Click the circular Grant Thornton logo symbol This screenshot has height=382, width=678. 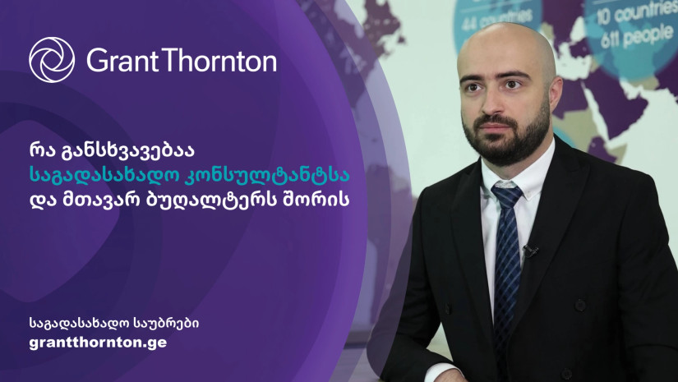[52, 60]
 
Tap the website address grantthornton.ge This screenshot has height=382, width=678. [98, 343]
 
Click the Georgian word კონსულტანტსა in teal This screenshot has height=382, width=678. [268, 176]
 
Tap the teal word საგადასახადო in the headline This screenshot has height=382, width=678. [103, 176]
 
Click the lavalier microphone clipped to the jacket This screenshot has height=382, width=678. [530, 250]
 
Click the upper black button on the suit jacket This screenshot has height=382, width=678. [580, 305]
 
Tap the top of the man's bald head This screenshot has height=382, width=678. [506, 30]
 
